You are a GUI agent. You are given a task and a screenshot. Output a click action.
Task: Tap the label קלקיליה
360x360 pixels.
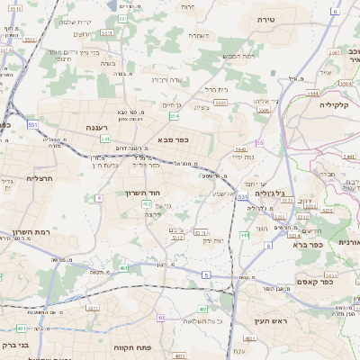point(334,105)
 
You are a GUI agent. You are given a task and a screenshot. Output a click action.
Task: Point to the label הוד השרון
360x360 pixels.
point(143,193)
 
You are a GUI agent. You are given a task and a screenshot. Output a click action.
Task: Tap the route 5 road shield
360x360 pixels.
point(206,274)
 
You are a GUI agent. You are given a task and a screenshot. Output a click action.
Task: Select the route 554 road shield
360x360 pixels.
point(173,116)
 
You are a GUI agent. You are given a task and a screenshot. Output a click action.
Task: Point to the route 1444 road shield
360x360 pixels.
point(312,93)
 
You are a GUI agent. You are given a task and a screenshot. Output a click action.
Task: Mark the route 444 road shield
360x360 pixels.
point(245,235)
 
